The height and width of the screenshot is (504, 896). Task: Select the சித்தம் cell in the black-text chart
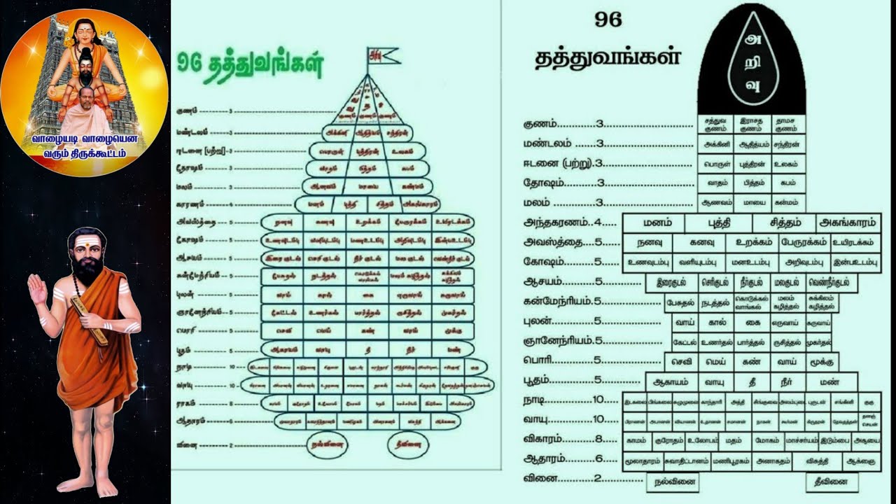pos(784,223)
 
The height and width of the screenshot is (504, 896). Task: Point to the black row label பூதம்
pos(545,380)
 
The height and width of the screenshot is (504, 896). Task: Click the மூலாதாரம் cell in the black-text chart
pos(643,461)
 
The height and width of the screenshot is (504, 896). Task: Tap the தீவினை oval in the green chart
pos(407,444)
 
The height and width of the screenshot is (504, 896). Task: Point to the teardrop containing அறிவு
pos(753,62)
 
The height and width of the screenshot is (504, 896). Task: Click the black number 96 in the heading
pos(608,20)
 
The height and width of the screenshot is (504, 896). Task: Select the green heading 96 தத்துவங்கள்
pos(249,66)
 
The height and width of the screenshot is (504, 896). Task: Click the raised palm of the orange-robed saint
pos(36,288)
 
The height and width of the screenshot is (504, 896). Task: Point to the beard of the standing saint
pos(87,269)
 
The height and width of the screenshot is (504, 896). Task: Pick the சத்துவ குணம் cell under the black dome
pos(714,125)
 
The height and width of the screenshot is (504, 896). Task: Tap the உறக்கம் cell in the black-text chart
pos(749,242)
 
